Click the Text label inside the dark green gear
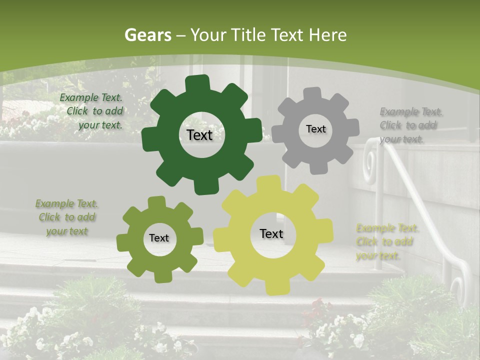[199, 135]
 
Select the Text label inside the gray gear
[315, 129]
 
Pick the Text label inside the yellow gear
[271, 233]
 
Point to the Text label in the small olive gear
[159, 238]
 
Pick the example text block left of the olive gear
[66, 217]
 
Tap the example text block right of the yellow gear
[387, 242]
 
